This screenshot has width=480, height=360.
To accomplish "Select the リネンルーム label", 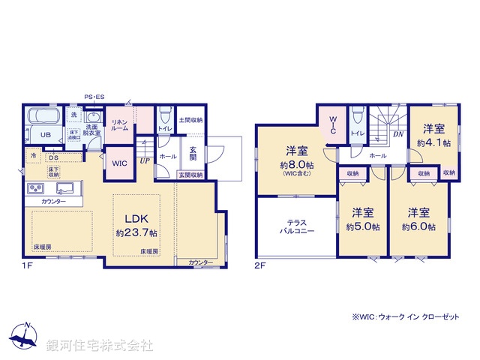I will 120,125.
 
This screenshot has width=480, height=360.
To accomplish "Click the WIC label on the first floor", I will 120,163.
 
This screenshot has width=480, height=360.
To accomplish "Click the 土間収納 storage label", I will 190,119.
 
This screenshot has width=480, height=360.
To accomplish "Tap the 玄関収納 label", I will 190,175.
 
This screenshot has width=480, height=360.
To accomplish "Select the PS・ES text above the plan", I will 94,97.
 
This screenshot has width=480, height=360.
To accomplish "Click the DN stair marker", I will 398,134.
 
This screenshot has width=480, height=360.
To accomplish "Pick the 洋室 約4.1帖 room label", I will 433,135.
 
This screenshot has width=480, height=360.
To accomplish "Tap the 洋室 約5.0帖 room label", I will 362,219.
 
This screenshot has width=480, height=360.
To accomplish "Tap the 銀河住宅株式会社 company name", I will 100,345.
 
